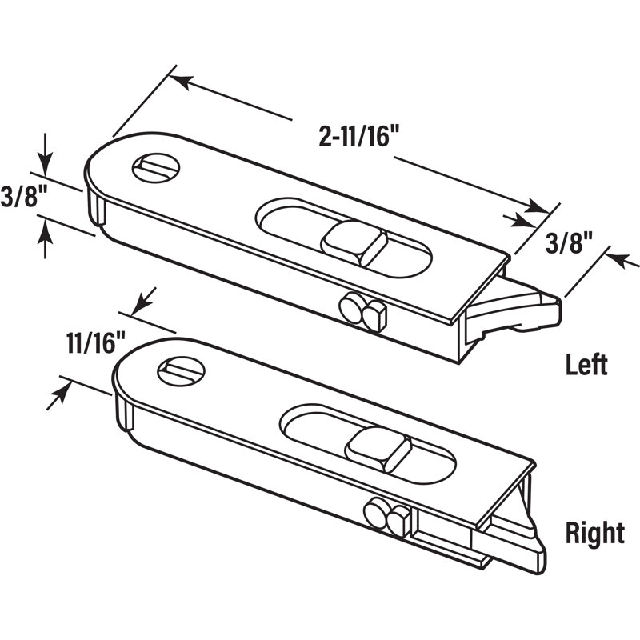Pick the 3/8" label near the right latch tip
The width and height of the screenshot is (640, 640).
566,243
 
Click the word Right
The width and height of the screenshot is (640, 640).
594,533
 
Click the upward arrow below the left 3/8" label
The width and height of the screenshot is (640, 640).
45,231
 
